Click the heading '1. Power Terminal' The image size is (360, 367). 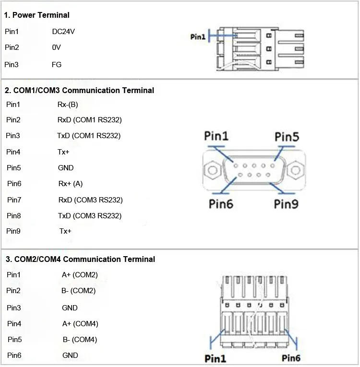pos(37,15)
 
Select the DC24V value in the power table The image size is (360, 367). pos(63,32)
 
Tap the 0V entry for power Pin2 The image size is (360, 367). pos(57,47)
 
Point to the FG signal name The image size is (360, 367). pos(57,64)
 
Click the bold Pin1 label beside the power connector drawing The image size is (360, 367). pos(198,36)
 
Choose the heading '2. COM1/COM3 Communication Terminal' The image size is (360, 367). pos(80,90)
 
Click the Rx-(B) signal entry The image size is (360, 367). pos(68,104)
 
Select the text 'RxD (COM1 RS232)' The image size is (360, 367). pos(89,120)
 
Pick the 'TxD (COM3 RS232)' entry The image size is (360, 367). pos(90,215)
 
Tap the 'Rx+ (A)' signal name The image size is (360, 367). pos(71,184)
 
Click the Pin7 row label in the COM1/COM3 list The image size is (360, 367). pos(14,200)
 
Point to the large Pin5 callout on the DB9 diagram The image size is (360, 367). pos(287,137)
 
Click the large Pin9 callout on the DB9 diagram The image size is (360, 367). pos(287,204)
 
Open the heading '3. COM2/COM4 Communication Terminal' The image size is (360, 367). pos(80,259)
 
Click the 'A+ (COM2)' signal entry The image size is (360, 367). pos(80,275)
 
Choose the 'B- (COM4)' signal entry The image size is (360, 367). pos(80,340)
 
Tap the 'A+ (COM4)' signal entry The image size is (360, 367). pos(80,324)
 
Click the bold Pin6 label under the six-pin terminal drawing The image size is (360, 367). pos(291,358)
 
